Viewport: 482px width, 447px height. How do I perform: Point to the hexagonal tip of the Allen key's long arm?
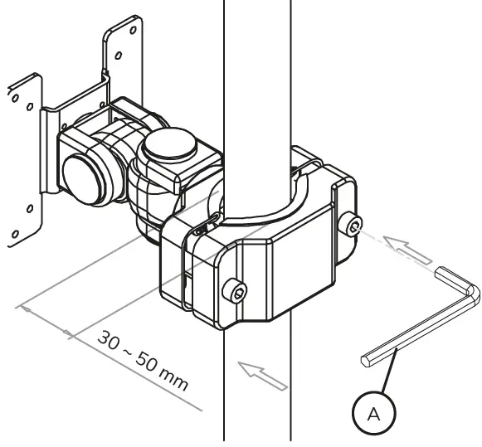click(x=366, y=359)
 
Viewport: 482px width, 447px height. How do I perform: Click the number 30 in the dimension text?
click(x=109, y=341)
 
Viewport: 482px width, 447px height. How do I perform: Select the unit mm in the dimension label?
click(x=175, y=384)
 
